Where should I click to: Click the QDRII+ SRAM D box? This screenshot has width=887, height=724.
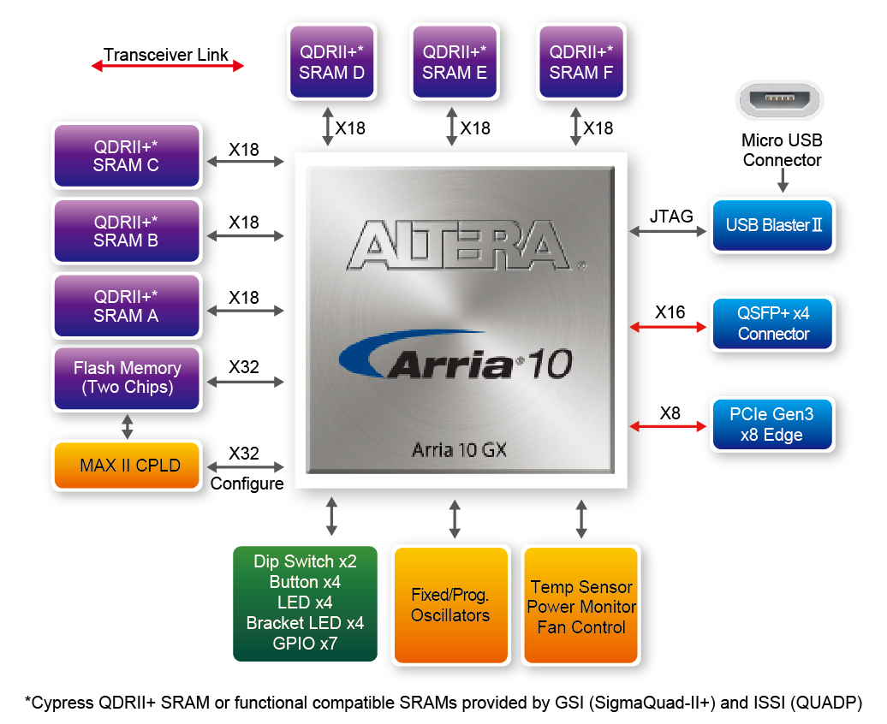pos(331,62)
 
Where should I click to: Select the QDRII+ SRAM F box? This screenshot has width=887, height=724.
pos(581,62)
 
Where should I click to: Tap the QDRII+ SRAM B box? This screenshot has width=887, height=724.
pos(127,231)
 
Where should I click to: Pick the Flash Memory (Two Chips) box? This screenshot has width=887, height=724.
pos(127,378)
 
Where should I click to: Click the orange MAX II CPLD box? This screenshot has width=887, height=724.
pos(127,465)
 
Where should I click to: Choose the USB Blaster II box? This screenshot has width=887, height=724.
pos(773,225)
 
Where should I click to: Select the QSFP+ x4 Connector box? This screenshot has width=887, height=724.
pos(773,323)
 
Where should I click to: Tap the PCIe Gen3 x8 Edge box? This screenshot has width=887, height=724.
pos(773,424)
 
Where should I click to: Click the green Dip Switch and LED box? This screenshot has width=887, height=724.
pos(305,603)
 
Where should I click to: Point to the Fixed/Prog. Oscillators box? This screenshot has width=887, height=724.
pos(450,605)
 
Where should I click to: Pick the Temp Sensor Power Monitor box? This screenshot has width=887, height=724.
pos(581,605)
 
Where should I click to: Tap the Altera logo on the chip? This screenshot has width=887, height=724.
pos(459,245)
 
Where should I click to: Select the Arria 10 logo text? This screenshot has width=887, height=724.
pos(456,356)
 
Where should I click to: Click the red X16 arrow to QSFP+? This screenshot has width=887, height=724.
pos(668,327)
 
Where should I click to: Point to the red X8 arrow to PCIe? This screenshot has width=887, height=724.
pos(668,426)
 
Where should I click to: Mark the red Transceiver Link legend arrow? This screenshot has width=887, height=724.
pos(168,66)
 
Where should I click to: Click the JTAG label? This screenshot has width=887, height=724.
pos(671,216)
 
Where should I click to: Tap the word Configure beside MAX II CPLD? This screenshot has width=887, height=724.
pos(247,484)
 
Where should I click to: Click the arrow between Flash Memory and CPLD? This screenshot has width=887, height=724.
pos(128,426)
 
